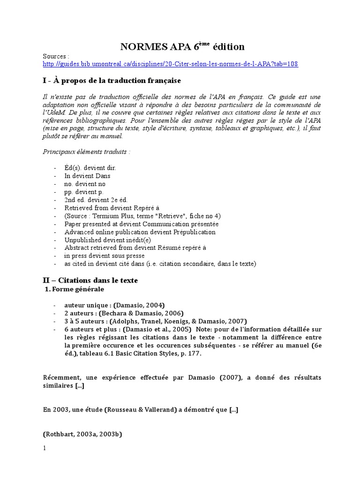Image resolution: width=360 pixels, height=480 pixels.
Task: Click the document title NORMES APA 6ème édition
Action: tap(182, 46)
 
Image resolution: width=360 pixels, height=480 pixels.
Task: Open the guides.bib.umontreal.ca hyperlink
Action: tap(170, 64)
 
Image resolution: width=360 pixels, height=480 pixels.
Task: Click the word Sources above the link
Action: tap(55, 56)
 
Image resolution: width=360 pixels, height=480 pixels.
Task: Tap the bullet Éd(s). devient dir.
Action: tap(90, 168)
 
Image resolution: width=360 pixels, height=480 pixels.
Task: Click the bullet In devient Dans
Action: tap(87, 176)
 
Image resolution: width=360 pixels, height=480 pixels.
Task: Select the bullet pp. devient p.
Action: tap(84, 192)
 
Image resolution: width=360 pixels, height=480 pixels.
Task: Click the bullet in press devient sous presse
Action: tap(105, 255)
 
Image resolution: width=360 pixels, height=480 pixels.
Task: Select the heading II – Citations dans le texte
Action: tap(90, 280)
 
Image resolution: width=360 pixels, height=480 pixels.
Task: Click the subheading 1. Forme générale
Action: tap(74, 289)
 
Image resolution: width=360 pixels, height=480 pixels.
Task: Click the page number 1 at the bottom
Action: tap(45, 448)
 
